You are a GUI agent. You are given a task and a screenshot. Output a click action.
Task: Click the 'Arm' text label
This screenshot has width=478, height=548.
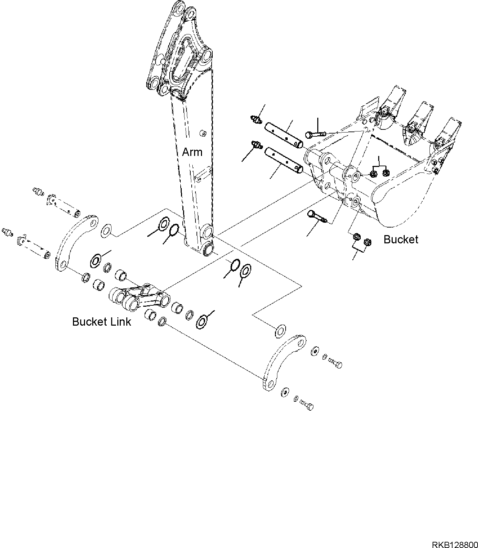pyautogui.click(x=192, y=152)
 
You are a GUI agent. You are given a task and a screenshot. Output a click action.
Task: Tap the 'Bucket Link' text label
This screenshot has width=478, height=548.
pyautogui.click(x=102, y=322)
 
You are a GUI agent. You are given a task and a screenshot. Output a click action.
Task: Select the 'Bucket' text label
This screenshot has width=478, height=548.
pyautogui.click(x=401, y=239)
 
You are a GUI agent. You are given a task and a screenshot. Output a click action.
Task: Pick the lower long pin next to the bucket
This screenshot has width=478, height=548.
pyautogui.click(x=284, y=160)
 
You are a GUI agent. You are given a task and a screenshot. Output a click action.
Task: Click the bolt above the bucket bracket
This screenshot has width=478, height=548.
pyautogui.click(x=315, y=134)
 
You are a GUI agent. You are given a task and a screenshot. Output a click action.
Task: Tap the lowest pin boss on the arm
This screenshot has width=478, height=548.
pyautogui.click(x=208, y=249)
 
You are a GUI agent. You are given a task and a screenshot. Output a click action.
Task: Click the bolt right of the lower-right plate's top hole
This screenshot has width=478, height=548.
pyautogui.click(x=335, y=363)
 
